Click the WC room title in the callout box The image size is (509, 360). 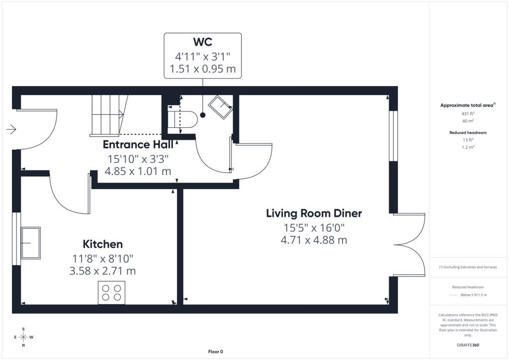[203, 42]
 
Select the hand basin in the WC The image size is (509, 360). [220, 107]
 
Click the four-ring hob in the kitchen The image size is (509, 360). [112, 292]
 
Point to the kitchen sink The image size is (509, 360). [31, 243]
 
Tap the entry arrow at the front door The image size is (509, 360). [11, 129]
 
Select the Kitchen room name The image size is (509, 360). [102, 244]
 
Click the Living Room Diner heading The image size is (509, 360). [314, 213]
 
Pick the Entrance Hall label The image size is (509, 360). [138, 145]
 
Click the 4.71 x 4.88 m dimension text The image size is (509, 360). [314, 240]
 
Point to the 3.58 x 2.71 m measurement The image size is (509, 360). [102, 270]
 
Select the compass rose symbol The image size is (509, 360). [23, 337]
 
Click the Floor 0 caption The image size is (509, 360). [216, 352]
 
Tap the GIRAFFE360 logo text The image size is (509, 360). [468, 345]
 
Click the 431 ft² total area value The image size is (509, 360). [468, 113]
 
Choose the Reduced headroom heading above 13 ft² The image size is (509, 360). [468, 132]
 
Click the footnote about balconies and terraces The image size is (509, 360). [468, 267]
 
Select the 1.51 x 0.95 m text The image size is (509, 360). [203, 69]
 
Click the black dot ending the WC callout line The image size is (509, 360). [203, 115]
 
